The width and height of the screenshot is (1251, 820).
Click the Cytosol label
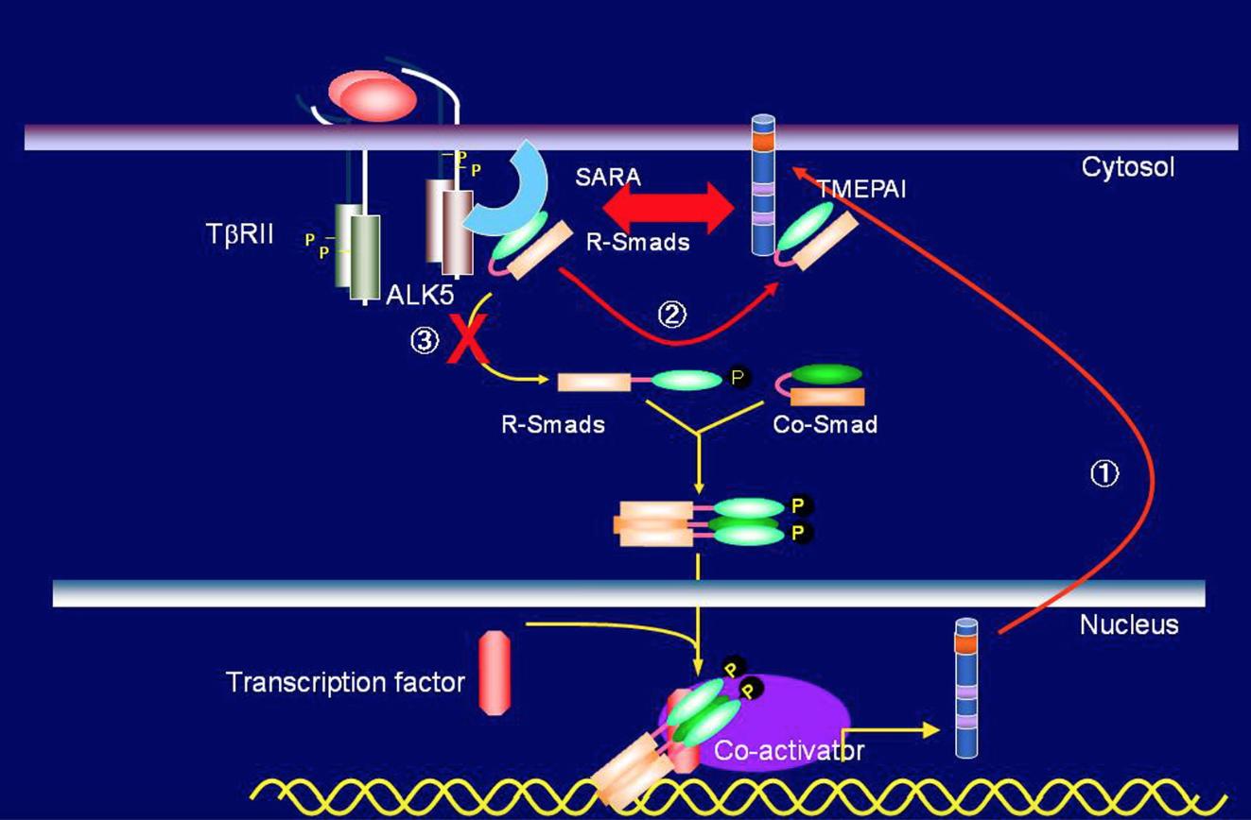coord(1127,168)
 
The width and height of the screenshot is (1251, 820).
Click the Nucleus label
coord(1129,624)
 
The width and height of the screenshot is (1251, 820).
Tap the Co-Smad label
coord(825,424)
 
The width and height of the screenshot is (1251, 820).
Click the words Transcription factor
coord(345,682)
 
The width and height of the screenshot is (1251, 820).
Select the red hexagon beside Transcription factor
coord(495,673)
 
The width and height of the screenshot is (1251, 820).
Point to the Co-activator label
coord(789,750)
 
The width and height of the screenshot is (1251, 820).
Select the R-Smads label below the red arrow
coord(637,242)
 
